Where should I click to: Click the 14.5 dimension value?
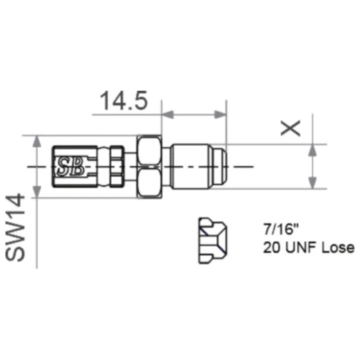123,102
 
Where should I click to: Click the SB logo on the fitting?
69,166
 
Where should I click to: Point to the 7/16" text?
278,228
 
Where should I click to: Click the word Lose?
336,247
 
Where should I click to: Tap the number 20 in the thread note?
271,247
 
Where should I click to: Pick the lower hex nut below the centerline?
151,183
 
